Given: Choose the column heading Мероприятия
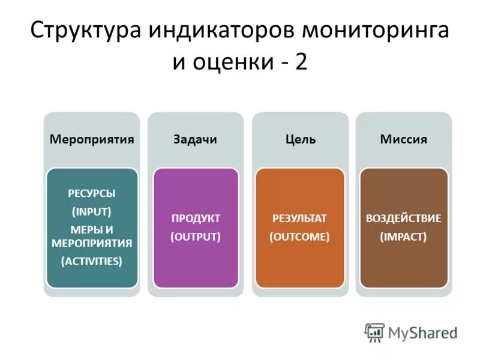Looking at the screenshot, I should coord(91,139).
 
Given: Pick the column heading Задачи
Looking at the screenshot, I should coord(195,139).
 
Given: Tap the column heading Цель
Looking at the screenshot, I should coord(300,139).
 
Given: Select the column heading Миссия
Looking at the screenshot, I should coord(403,139).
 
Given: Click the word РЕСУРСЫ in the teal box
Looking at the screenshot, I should coord(92,194).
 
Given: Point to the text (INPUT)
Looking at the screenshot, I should coord(92,211).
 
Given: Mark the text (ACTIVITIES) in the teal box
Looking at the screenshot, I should coord(92,261).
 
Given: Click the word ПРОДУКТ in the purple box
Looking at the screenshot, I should coord(196,218).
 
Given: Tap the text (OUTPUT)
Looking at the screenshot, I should coord(196,236).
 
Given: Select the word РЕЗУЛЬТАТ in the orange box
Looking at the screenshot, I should coord(299,218).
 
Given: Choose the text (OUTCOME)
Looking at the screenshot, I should coord(299,236).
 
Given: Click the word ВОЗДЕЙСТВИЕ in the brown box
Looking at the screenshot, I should coord(403,218).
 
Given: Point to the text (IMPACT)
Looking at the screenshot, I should coord(403,236).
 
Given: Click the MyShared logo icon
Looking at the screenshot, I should coord(374,332).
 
